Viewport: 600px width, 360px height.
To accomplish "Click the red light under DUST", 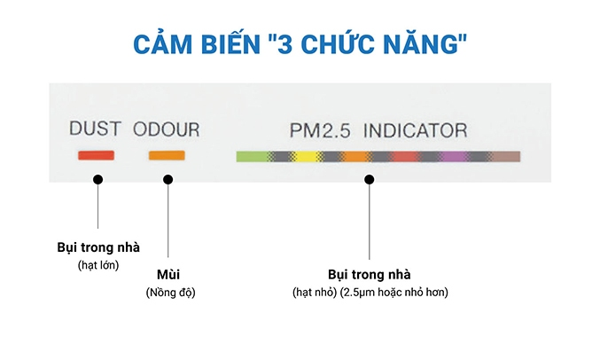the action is coord(96,156).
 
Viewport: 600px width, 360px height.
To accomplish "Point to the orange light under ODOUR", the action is coord(166,156).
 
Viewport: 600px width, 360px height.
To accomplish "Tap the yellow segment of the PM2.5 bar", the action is coord(306,157).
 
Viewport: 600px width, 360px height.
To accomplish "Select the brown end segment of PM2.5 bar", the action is coord(507,157).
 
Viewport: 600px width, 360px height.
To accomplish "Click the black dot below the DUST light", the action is coord(97,179).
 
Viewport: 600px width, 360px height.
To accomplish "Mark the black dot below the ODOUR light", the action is coord(168,179).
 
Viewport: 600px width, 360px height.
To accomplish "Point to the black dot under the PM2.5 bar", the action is coord(370,179).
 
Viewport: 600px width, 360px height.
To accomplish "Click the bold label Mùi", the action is coord(168,275).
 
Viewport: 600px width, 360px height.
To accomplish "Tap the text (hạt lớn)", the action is coord(97,264).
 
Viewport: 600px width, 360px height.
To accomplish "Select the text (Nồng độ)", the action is coord(169,293).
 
